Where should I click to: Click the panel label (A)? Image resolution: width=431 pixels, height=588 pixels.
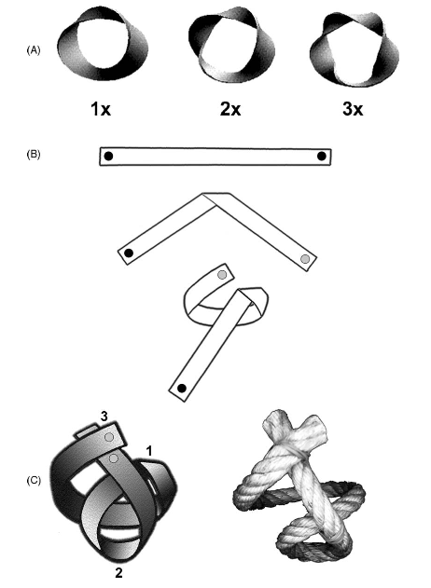point(33,50)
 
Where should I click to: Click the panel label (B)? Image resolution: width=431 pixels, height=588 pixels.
point(33,155)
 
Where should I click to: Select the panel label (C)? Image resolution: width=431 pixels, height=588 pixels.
point(34,480)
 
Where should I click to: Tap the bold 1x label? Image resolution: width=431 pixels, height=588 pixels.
point(101,109)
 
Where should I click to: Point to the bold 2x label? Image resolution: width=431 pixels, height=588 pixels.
point(230,109)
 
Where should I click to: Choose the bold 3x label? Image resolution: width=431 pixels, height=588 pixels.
point(353,109)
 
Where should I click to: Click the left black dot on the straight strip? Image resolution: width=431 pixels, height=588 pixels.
point(108,156)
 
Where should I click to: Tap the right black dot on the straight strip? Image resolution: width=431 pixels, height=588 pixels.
point(322,156)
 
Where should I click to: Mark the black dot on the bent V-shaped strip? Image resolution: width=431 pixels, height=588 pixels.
point(129,253)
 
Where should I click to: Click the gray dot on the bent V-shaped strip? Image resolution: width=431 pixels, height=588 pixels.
point(305,259)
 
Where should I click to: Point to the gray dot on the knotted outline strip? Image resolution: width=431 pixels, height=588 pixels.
point(222,275)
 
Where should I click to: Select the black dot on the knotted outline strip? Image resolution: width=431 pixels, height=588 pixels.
point(182,389)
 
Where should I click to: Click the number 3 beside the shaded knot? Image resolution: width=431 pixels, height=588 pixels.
point(104,417)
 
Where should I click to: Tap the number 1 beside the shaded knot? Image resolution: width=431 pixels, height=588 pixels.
point(149,451)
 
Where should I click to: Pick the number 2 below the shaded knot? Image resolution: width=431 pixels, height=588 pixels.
point(118,573)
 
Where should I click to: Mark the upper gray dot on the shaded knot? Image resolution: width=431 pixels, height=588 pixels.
point(109,437)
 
